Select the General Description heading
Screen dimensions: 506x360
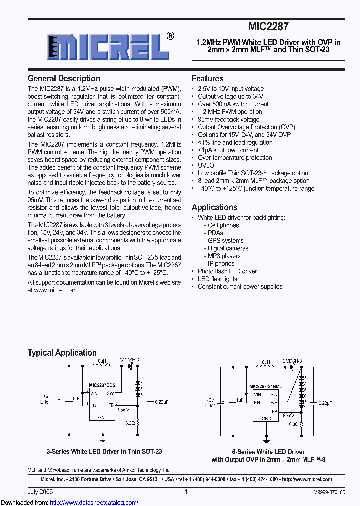[64, 79]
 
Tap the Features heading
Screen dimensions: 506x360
[207, 79]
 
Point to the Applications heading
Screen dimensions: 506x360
[214, 207]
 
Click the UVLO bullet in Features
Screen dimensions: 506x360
[206, 165]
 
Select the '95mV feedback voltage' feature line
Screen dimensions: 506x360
[228, 119]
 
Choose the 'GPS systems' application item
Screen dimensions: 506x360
[225, 240]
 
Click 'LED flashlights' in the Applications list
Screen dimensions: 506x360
[217, 279]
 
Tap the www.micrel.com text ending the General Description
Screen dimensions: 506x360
[56, 290]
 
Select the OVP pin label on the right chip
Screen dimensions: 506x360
[273, 402]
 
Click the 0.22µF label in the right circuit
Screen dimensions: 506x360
[326, 403]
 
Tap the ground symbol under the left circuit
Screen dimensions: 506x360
[103, 439]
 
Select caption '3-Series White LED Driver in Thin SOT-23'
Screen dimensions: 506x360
[104, 451]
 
